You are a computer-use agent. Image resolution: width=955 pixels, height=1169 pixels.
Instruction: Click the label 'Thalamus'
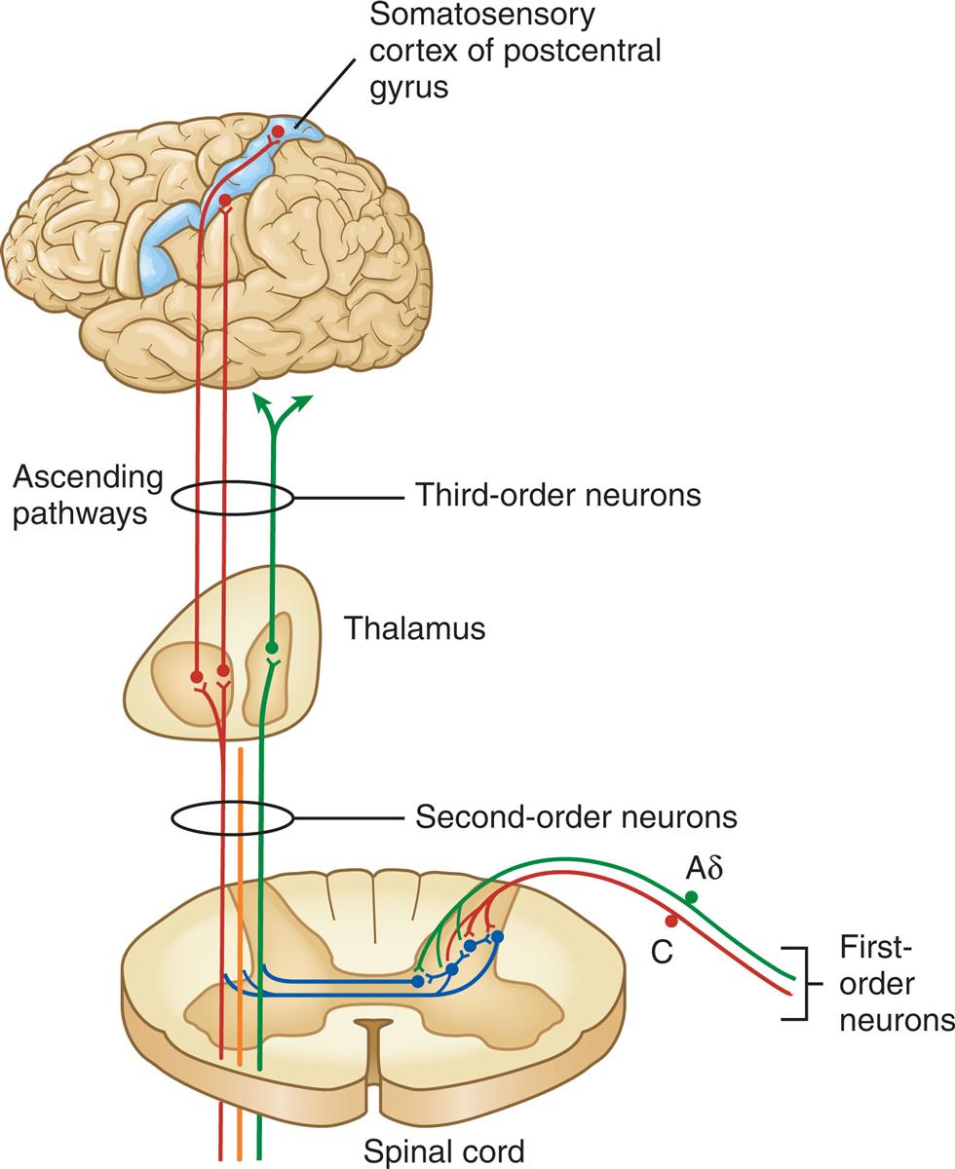click(x=414, y=628)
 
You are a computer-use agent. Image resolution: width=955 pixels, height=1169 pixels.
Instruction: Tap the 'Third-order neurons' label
click(x=558, y=496)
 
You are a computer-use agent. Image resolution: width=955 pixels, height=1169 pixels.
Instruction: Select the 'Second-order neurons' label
click(x=576, y=815)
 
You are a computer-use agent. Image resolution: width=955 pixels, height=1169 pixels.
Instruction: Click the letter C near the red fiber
click(x=662, y=951)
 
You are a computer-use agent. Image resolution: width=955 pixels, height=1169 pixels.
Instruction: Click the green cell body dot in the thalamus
click(x=272, y=647)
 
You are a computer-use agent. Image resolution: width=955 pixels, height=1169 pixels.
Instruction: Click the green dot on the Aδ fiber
click(x=692, y=896)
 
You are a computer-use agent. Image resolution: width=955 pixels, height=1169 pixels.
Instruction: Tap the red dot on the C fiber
click(x=670, y=921)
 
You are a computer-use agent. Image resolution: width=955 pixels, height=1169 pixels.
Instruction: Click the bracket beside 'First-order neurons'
click(x=801, y=983)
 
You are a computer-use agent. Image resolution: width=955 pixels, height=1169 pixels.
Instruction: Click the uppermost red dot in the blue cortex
click(x=278, y=132)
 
